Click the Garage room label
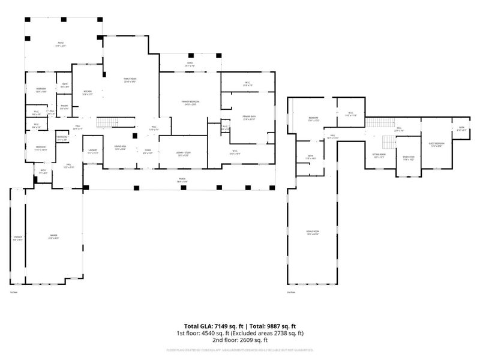[x=53, y=237]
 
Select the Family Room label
[x=130, y=80]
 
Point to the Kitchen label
[x=88, y=92]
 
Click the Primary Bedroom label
[x=190, y=103]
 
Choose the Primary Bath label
[x=248, y=117]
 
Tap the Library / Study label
[x=183, y=154]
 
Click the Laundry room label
[x=92, y=151]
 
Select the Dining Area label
[x=120, y=148]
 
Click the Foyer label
[x=147, y=151]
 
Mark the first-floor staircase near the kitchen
[x=105, y=122]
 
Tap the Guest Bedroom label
[x=436, y=145]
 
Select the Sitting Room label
[x=378, y=155]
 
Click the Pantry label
[x=64, y=107]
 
